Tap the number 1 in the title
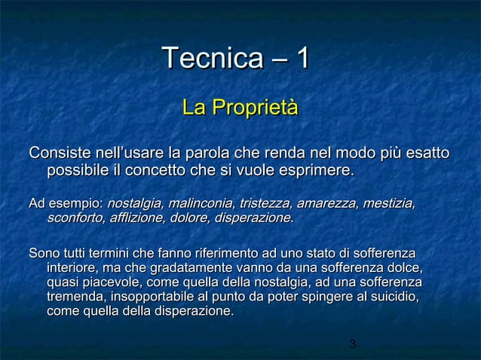tap(302, 59)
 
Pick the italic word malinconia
tap(200, 203)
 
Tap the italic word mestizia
tap(390, 203)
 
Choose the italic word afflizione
tap(138, 218)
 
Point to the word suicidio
tap(393, 297)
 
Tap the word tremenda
tap(75, 297)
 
